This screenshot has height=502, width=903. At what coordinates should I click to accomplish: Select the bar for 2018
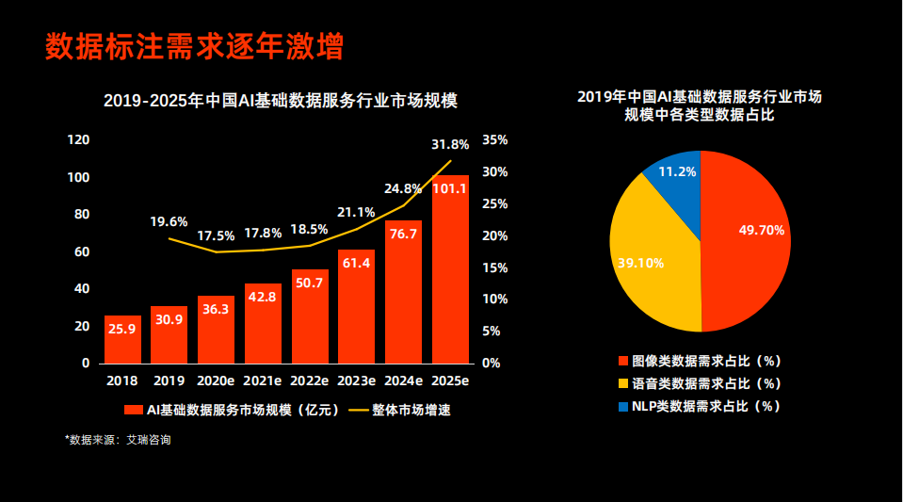(122, 339)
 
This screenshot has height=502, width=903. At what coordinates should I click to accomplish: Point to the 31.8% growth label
(450, 145)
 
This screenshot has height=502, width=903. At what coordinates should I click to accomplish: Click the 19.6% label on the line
(169, 221)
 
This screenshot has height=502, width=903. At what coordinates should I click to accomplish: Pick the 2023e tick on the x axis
(357, 381)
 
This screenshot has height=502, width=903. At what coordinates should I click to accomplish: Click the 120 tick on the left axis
(79, 140)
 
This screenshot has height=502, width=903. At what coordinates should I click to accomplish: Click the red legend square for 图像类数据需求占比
(623, 361)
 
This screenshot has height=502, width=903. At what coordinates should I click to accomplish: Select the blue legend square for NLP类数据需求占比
(623, 407)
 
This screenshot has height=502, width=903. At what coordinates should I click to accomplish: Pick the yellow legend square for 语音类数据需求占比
(623, 384)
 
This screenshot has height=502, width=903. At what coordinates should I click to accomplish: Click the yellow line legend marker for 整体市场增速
(358, 410)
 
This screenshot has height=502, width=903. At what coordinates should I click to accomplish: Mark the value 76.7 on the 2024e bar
(403, 234)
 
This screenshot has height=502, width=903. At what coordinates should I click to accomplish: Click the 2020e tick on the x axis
(216, 381)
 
